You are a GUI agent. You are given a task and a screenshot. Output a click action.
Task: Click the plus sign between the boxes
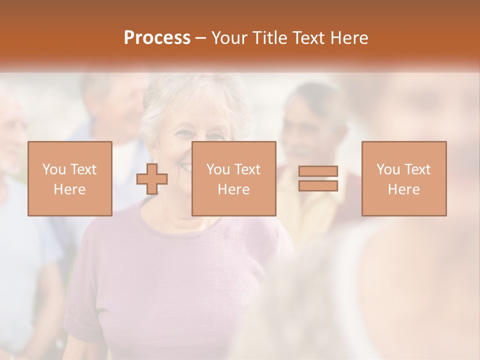(151, 178)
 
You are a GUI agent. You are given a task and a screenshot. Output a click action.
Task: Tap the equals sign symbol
(318, 178)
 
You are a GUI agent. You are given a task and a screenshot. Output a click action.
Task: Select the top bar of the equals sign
(318, 171)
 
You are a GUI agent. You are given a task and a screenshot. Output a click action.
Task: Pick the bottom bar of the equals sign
(318, 186)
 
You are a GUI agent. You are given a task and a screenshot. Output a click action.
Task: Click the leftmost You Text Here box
(70, 178)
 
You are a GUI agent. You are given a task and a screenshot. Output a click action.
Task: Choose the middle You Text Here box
(233, 178)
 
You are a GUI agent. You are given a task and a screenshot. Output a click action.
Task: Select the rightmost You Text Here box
(404, 178)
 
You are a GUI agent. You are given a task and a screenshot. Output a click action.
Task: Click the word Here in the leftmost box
(70, 189)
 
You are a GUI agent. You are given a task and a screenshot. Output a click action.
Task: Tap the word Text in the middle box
(246, 169)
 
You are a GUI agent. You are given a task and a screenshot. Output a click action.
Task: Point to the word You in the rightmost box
(388, 169)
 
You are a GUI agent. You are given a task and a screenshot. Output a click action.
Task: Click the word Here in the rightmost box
(404, 189)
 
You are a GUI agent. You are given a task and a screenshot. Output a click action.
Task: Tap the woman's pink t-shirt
(165, 280)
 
